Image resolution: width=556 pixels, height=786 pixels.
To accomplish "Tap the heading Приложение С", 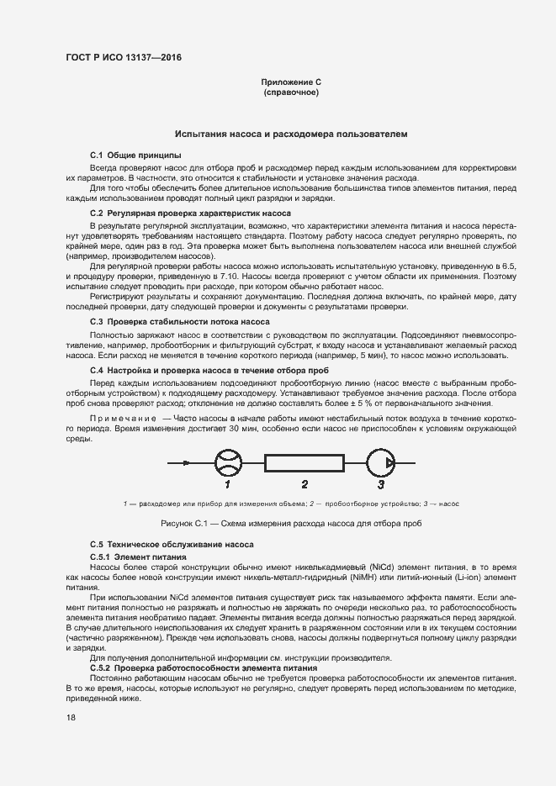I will [291, 82].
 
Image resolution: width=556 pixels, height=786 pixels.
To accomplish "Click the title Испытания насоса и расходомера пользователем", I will [291, 134].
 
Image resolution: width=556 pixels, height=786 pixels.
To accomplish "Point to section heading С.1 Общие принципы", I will [135, 156].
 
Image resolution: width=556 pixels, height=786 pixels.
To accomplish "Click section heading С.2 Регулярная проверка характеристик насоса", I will [190, 214].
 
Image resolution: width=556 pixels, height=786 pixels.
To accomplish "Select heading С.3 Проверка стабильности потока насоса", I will [179, 322].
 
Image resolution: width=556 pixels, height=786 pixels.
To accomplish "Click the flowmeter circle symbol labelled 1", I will [227, 463].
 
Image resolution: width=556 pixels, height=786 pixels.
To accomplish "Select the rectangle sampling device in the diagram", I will [304, 463].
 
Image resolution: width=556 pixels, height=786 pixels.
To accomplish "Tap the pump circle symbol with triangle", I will [382, 463].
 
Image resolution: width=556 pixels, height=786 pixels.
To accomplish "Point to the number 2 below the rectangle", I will [304, 485].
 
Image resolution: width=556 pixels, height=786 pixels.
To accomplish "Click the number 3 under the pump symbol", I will [381, 485].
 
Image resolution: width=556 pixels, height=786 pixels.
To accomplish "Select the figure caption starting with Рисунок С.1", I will [291, 524].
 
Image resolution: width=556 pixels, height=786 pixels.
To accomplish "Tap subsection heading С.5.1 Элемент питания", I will [138, 557].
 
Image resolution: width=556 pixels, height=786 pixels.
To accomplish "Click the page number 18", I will [71, 718].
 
